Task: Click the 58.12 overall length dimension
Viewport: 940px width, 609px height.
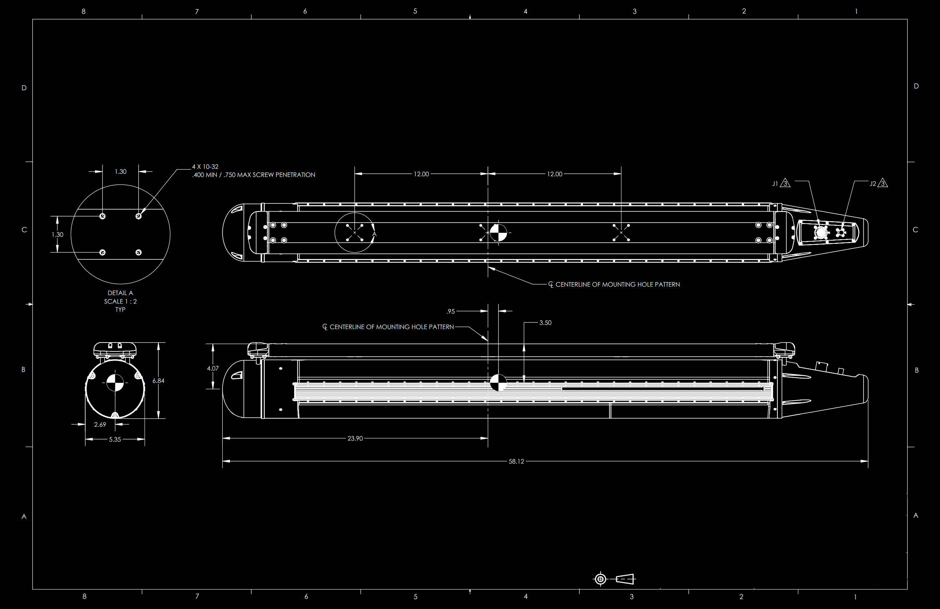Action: point(516,461)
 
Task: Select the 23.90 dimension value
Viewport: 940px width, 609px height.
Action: point(355,438)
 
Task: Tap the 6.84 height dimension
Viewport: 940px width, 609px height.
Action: point(158,381)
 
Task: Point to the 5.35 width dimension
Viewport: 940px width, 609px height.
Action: point(115,439)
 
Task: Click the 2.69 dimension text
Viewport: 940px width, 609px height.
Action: point(100,425)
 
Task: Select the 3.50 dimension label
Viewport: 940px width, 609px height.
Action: point(545,323)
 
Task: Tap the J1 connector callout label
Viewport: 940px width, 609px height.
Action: point(775,184)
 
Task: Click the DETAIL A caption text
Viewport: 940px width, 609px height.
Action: point(120,293)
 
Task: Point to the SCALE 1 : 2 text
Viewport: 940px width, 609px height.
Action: point(120,301)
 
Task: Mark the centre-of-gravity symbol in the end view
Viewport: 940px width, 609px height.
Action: point(115,383)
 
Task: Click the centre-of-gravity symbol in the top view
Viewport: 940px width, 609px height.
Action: point(498,232)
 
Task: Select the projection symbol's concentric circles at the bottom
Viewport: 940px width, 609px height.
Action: point(600,579)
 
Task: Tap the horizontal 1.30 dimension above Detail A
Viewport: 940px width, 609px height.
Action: point(121,172)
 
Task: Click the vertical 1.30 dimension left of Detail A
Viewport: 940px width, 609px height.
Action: point(57,235)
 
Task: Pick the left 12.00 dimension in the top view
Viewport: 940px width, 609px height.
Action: point(421,174)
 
